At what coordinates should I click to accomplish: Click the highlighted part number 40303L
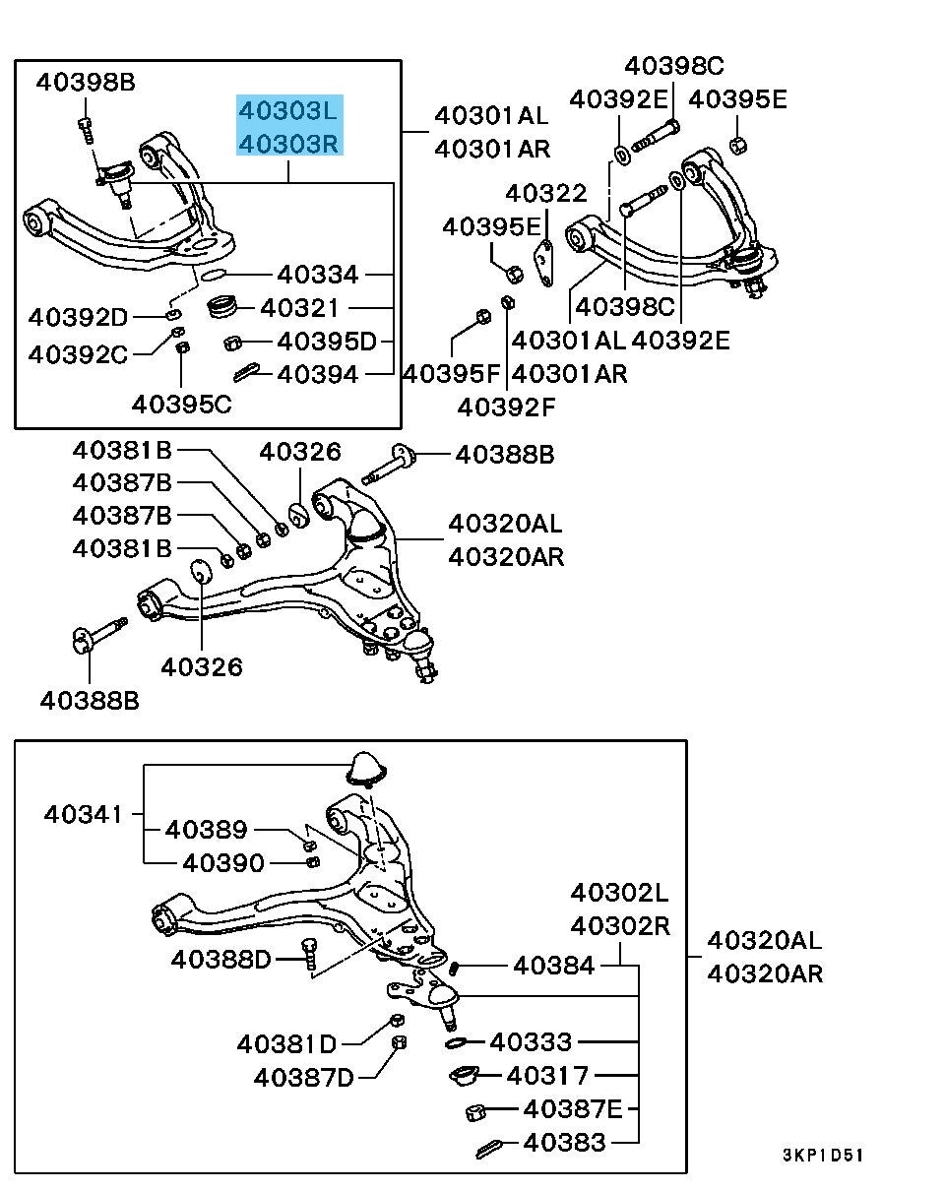(289, 110)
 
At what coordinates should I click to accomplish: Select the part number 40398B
(86, 83)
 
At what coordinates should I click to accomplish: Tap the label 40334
(318, 274)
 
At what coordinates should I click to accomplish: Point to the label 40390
(223, 863)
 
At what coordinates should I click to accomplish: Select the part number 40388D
(220, 958)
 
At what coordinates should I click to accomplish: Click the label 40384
(554, 966)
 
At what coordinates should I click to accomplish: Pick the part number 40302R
(620, 926)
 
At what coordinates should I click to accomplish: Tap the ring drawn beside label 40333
(458, 1040)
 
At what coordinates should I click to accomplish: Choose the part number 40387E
(574, 1109)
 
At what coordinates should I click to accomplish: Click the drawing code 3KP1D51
(823, 1155)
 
